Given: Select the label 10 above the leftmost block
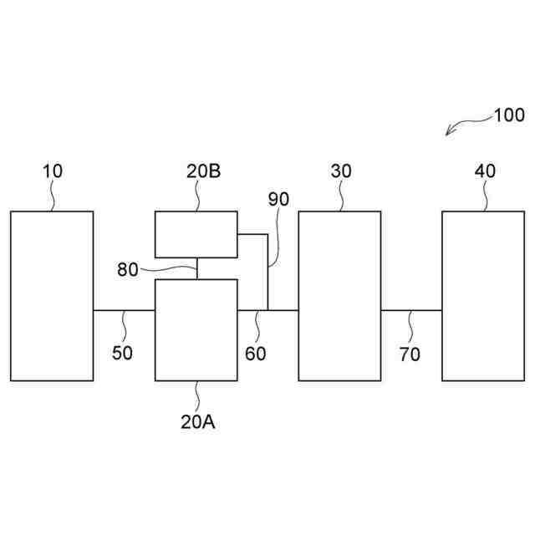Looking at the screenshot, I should pos(52,171).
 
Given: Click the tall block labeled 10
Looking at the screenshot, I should pos(52,296).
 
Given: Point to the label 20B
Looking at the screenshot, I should pos(203,171).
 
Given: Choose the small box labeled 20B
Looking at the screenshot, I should pos(196,234).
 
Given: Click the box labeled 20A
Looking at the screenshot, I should pos(196,329).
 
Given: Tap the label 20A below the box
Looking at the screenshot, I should pos(197,421).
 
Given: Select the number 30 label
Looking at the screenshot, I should pos(341,171).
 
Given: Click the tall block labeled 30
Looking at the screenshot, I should pos(340,296).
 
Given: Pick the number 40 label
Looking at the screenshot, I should pos(485,171).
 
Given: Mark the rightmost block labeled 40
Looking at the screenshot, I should pos(484,296).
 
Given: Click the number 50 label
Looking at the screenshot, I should pos(122,353).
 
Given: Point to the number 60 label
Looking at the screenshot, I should pos(256,353).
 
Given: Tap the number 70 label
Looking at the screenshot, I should pos(410,353).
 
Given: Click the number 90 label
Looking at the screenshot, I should pos(278,200).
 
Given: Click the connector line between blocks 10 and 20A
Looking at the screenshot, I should pos(124,310).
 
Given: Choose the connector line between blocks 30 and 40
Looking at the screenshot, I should pos(411,310).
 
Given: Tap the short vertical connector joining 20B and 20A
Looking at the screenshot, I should pos(196,268).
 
